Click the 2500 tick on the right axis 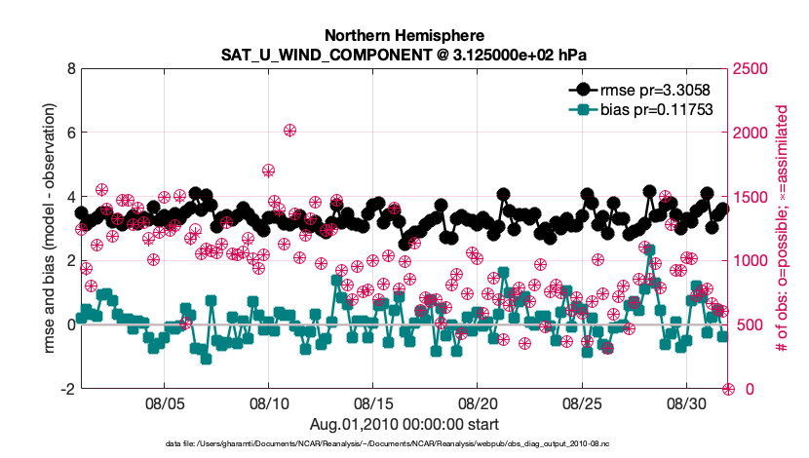pos(751,69)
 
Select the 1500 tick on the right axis pos(751,197)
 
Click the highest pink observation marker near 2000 pos(289,130)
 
